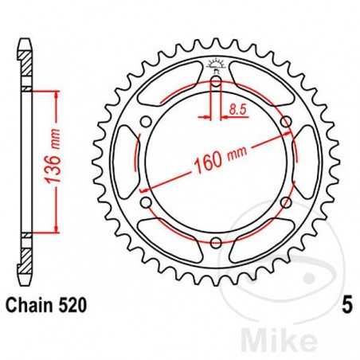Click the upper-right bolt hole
click(286, 120)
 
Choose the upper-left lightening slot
click(168, 86)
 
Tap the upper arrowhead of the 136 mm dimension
click(55, 94)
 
